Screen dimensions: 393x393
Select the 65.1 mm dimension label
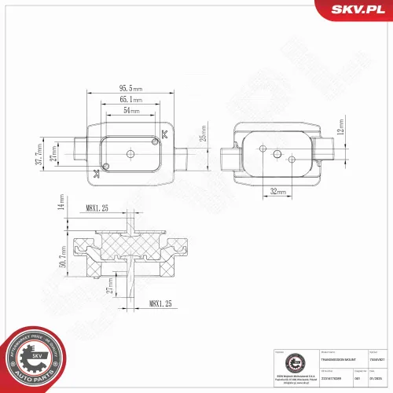point(130,101)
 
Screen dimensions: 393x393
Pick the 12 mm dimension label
point(341,126)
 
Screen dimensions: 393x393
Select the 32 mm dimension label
point(277,191)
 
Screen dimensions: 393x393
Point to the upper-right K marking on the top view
point(163,134)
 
